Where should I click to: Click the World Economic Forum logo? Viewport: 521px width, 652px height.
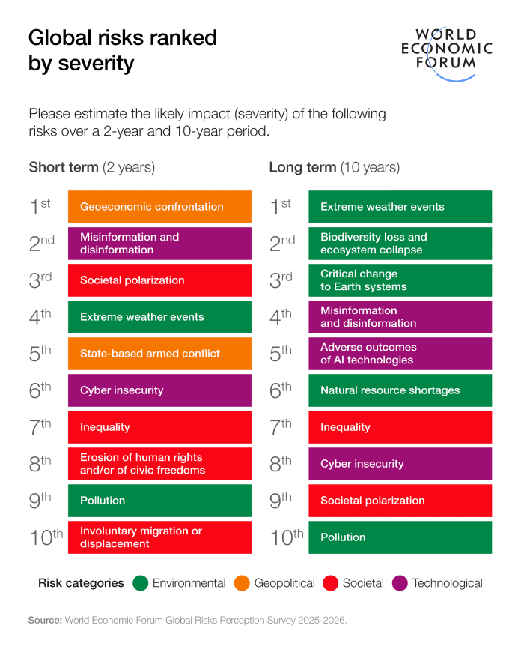(x=446, y=49)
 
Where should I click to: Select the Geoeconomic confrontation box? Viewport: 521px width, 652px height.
(x=159, y=207)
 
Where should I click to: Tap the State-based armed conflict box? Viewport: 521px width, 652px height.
(x=159, y=354)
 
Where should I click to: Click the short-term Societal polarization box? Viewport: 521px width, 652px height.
(x=159, y=280)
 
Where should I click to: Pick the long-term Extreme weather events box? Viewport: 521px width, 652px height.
(x=400, y=207)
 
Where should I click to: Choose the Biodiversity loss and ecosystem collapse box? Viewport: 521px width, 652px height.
(x=400, y=244)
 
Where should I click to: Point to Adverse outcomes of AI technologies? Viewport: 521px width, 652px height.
(x=400, y=354)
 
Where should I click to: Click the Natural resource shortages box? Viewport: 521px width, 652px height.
(x=400, y=390)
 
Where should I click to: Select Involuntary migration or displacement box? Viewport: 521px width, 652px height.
(x=159, y=537)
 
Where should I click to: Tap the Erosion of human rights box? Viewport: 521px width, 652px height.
(x=159, y=464)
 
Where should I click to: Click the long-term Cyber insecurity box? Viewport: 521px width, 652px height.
(x=400, y=464)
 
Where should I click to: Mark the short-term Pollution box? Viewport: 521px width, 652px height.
(x=159, y=501)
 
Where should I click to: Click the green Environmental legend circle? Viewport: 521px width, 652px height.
(x=140, y=583)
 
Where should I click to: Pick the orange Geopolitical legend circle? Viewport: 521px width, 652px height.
(x=242, y=583)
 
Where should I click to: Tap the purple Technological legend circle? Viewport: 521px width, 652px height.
(x=400, y=583)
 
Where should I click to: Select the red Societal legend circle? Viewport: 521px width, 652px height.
(x=330, y=583)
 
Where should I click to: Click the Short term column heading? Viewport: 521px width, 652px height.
(x=91, y=167)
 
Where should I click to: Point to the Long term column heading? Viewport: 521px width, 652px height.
(x=334, y=167)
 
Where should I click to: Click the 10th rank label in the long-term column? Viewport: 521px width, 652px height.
(x=287, y=537)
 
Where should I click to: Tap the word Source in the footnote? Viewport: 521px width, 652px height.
(x=45, y=620)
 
